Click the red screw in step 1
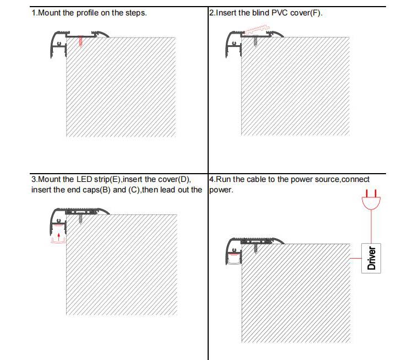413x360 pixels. [x=80, y=41]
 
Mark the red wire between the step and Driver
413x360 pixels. [x=355, y=257]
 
